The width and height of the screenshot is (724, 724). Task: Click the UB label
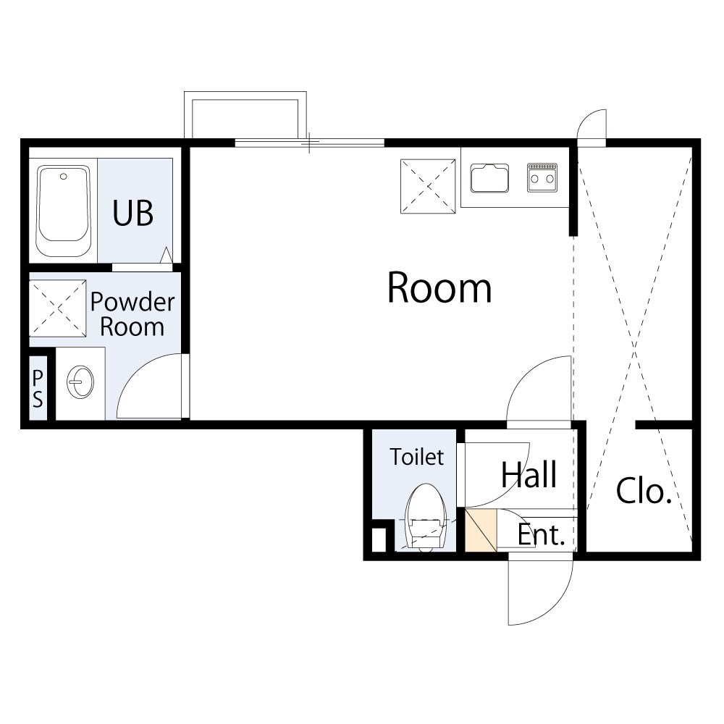[x=133, y=213]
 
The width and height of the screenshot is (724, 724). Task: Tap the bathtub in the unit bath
[x=64, y=211]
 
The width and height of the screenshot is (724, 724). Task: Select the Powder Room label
[x=132, y=314]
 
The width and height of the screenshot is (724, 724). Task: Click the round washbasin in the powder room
[x=80, y=382]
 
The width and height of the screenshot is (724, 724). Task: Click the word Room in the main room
[x=439, y=287]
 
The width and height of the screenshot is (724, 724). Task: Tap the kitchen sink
[x=489, y=178]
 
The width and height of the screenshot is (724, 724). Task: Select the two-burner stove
[x=542, y=177]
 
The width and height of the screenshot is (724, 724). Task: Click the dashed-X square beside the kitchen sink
[x=428, y=186]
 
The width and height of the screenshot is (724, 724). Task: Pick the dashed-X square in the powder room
[x=58, y=308]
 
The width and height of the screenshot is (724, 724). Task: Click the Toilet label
[x=417, y=457]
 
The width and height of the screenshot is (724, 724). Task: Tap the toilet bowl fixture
[x=426, y=517]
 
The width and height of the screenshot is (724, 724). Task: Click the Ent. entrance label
[x=542, y=535]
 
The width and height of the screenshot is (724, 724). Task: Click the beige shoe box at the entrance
[x=481, y=530]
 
